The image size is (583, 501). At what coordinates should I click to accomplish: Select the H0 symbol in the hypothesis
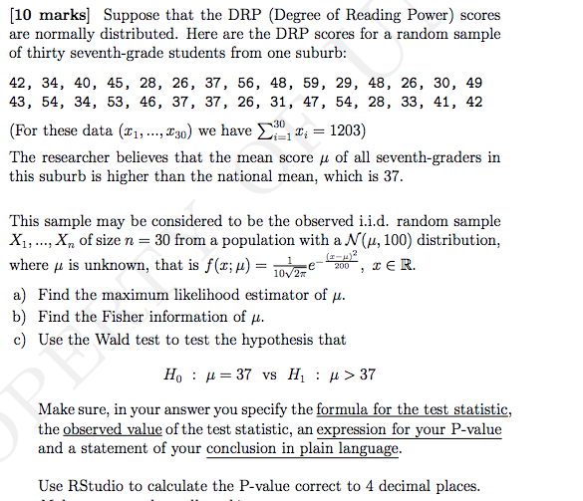[170, 376]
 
